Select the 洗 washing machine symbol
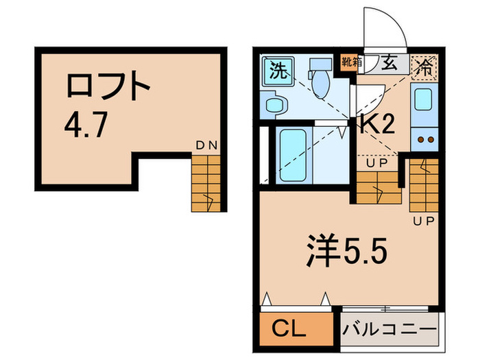tap(277, 71)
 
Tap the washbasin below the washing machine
tap(276, 106)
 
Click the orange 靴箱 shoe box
tap(351, 62)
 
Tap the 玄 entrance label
tap(388, 64)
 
